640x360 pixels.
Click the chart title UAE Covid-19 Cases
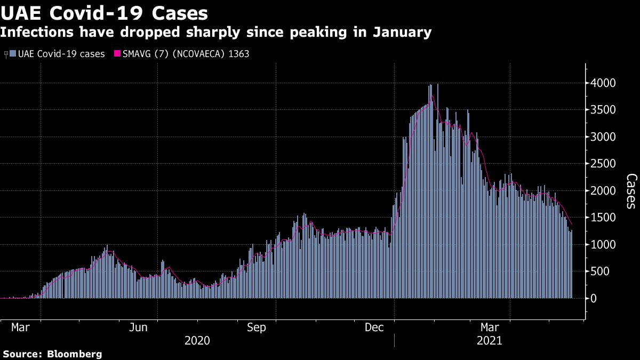click(104, 12)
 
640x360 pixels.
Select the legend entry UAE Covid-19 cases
click(61, 54)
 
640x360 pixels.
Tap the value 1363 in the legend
click(238, 54)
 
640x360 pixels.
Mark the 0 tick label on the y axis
click(593, 299)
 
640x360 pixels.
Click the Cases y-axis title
click(631, 190)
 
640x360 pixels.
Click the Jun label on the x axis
click(139, 327)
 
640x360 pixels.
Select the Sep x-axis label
click(257, 327)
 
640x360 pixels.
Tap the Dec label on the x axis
click(375, 327)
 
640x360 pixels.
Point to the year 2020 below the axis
click(197, 340)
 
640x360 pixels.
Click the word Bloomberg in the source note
click(75, 354)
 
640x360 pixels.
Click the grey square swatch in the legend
click(13, 54)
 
